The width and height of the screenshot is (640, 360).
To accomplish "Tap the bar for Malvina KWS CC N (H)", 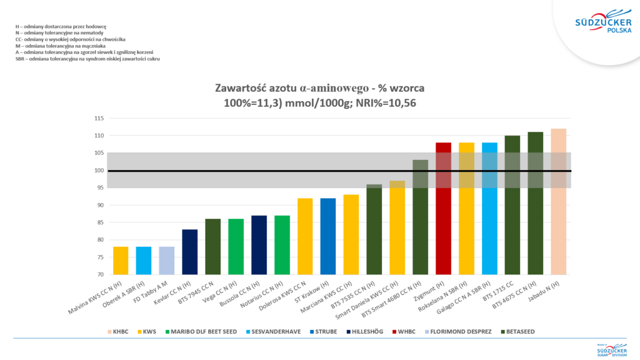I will point(121,260).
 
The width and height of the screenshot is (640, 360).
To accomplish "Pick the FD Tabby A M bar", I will point(167,260).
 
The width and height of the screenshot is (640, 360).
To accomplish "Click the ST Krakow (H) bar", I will point(328,236).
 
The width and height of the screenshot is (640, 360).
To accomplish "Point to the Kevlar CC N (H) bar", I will point(190,252).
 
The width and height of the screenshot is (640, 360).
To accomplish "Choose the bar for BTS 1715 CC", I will point(512,205).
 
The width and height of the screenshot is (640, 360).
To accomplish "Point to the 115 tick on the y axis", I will point(99,118).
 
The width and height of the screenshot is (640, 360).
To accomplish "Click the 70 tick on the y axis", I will point(100,275).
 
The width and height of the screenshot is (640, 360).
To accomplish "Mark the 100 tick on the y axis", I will point(99,171).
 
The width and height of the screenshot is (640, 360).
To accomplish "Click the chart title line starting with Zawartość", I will point(319,87).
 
